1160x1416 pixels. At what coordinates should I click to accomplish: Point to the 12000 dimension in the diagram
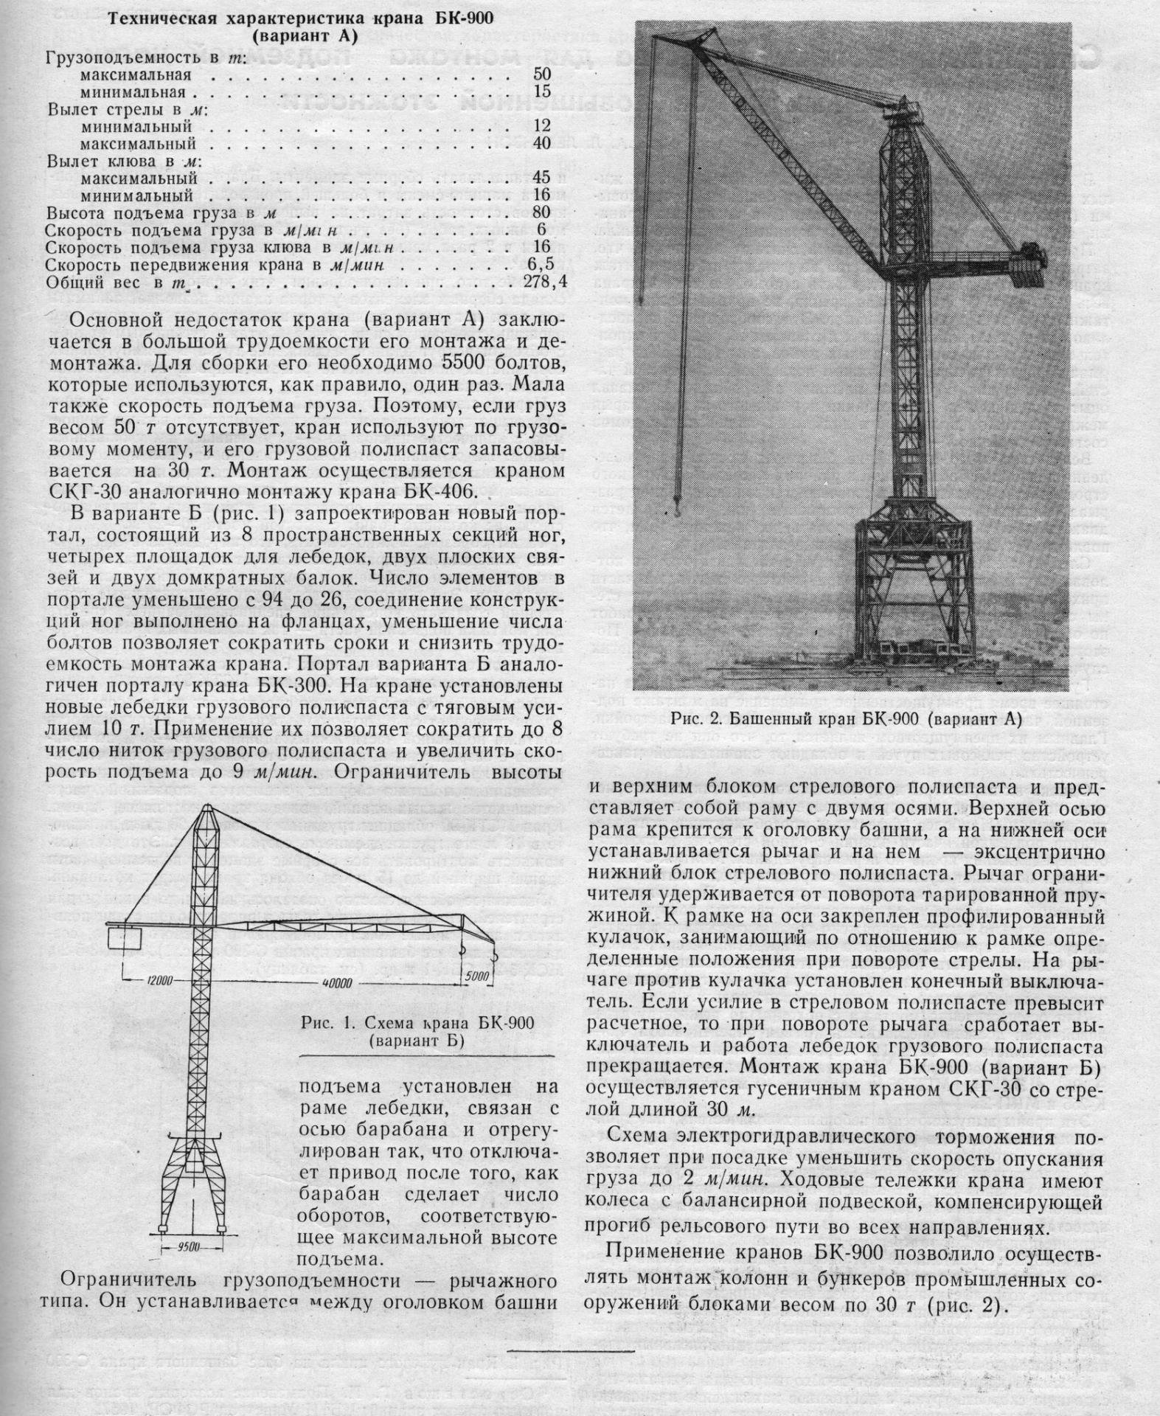158,980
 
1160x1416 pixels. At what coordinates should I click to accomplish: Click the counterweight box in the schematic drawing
126,939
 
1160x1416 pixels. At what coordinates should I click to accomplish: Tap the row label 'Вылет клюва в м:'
125,162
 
